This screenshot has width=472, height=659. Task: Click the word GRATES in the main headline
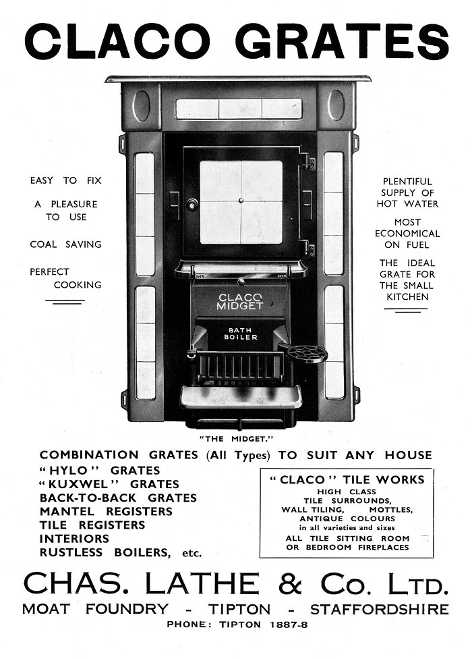342,41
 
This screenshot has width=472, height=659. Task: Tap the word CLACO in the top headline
117,41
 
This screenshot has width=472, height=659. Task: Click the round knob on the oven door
192,205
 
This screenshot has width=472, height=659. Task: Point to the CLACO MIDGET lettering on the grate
239,302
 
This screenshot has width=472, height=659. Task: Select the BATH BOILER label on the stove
241,334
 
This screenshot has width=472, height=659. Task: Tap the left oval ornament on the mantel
141,105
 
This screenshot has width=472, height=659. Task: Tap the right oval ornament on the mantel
336,105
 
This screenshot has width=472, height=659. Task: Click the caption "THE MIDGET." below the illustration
236,439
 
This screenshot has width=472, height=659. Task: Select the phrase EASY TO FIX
66,181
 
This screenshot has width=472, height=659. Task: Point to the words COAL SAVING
66,244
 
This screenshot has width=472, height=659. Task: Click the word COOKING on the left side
78,285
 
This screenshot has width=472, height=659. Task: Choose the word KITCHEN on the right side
407,297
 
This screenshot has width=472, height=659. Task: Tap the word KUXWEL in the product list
79,484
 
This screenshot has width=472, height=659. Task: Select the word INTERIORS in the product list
74,539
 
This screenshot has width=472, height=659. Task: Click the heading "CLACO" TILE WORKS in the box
347,480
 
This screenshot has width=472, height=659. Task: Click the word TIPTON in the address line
239,610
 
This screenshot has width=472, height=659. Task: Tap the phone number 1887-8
289,625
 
